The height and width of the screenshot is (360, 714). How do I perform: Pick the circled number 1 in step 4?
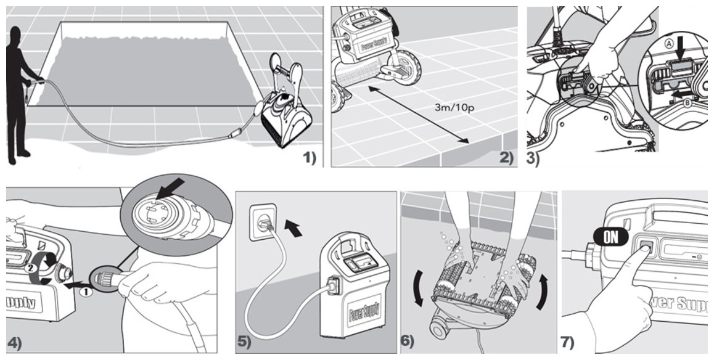[x=87, y=293]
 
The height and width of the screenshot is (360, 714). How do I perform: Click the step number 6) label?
[x=408, y=341]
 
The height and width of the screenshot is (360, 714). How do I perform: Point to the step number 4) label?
[x=15, y=343]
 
